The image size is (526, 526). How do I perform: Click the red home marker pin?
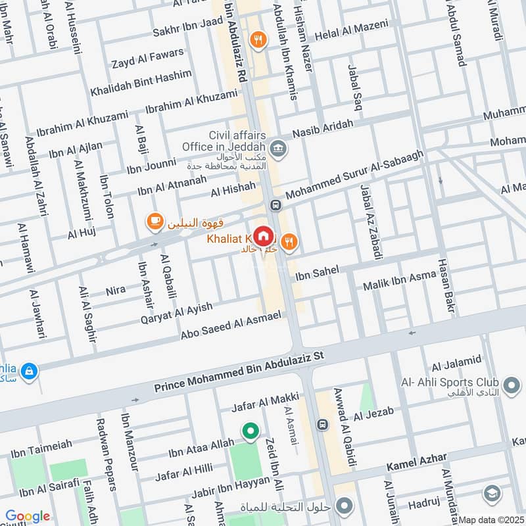pyautogui.click(x=264, y=236)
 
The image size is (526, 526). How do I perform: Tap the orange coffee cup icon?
pyautogui.click(x=155, y=222)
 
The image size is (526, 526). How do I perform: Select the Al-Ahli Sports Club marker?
pyautogui.click(x=510, y=383)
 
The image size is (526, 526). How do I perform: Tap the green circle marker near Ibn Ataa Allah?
pyautogui.click(x=250, y=431)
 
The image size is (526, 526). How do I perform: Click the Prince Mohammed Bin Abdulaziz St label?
pyautogui.click(x=239, y=374)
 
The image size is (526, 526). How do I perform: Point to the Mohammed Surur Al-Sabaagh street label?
pyautogui.click(x=354, y=174)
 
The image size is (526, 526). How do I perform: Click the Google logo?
pyautogui.click(x=28, y=516)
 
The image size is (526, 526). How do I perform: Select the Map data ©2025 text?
pyautogui.click(x=490, y=520)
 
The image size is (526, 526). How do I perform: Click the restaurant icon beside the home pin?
pyautogui.click(x=291, y=243)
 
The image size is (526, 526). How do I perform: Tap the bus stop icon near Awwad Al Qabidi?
pyautogui.click(x=322, y=425)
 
